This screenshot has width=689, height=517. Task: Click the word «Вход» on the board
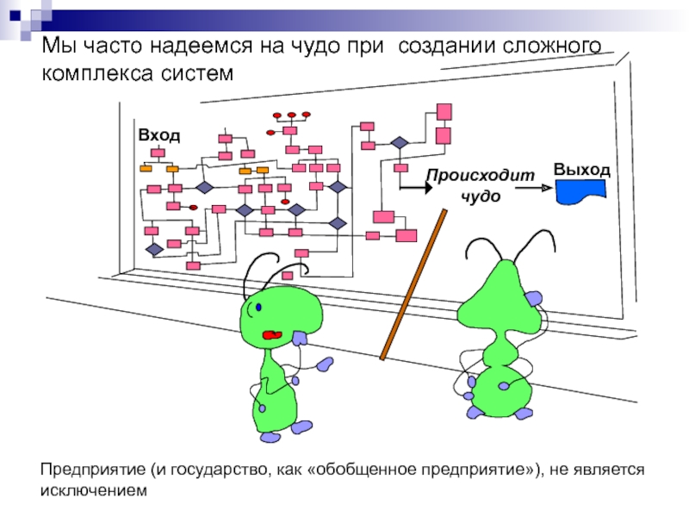[159, 135]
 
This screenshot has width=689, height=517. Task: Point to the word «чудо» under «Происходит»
[480, 196]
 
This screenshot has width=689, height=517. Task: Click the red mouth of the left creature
[272, 333]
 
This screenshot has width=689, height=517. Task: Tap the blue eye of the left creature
[258, 307]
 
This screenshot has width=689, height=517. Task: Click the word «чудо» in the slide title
[324, 43]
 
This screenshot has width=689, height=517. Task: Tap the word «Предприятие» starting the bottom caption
[92, 470]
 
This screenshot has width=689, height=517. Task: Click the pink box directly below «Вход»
[158, 153]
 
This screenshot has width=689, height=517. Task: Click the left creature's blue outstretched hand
[325, 364]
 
